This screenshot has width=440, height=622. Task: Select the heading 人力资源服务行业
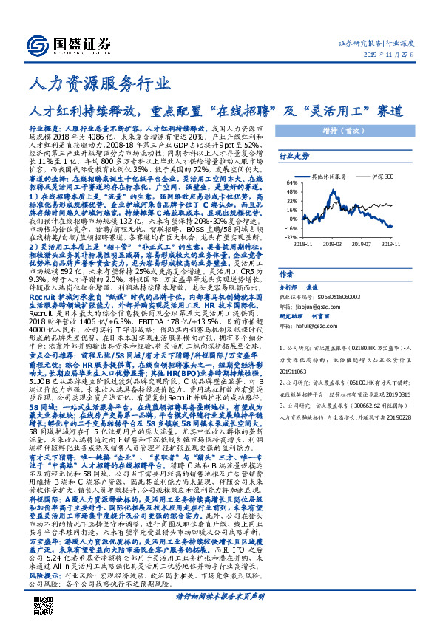point(87,87)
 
